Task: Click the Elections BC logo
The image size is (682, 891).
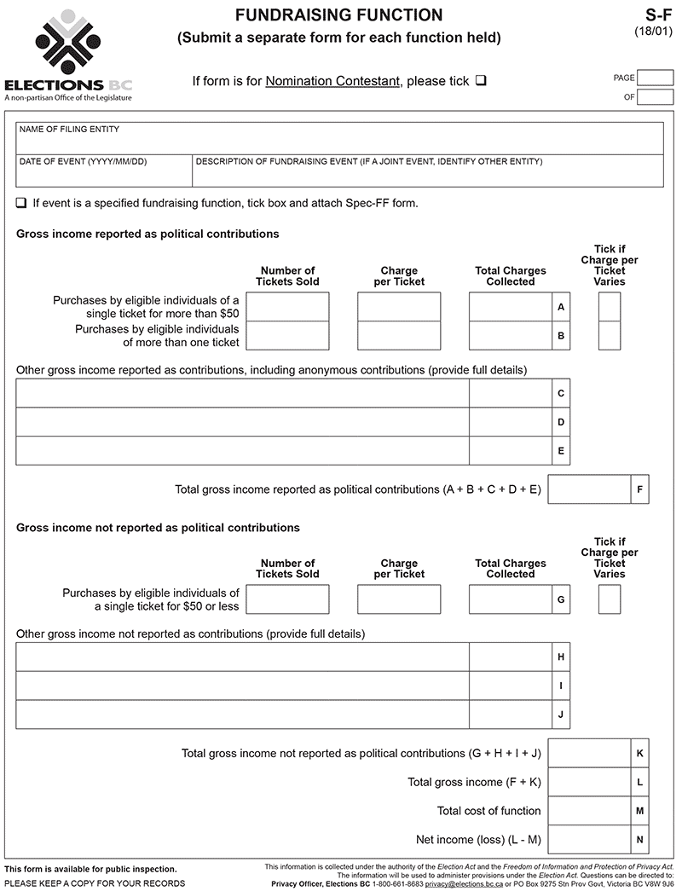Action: coord(68,55)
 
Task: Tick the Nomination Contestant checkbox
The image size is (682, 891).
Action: coord(481,81)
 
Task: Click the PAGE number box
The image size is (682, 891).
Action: coord(656,78)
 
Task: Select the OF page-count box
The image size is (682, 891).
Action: coord(656,97)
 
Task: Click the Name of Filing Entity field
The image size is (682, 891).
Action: coord(339,142)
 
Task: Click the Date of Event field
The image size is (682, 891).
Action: coord(104,175)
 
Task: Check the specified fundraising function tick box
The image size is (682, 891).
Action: coord(20,203)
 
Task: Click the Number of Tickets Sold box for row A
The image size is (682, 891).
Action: coord(287,306)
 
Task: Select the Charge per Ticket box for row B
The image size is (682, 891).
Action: coord(399,335)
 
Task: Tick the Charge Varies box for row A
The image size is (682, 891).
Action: coord(610,306)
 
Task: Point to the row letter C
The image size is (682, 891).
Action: coord(561,393)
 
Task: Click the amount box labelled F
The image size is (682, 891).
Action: coord(589,489)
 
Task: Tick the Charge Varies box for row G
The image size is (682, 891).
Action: coord(610,599)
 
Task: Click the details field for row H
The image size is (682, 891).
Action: coord(242,657)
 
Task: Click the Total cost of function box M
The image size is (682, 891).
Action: coord(589,811)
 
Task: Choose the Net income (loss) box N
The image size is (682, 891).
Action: coord(589,840)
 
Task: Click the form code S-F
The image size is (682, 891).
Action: coord(660,14)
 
